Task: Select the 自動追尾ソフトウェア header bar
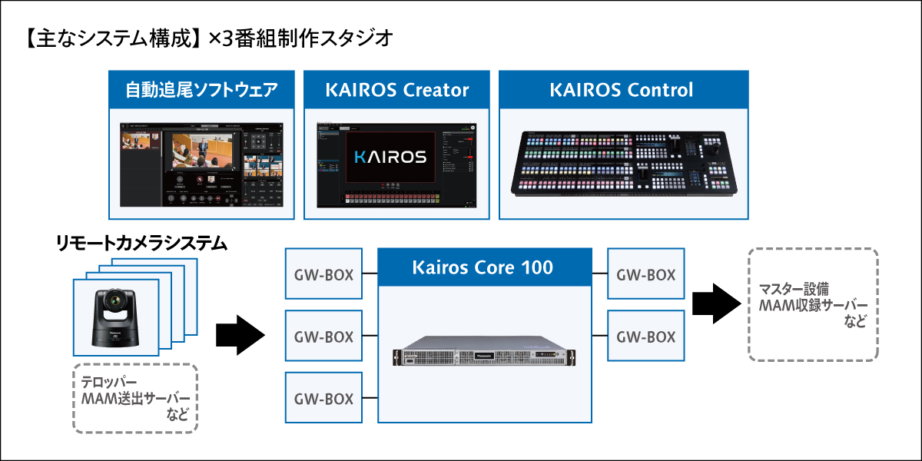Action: (x=201, y=90)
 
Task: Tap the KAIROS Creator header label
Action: (x=396, y=90)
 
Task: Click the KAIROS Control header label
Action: (x=622, y=90)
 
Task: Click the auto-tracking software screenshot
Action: (x=201, y=163)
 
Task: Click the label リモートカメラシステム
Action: (x=141, y=244)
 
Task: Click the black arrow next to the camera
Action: (x=240, y=336)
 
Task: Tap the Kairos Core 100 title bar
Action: (x=483, y=267)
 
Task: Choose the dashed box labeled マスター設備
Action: (x=812, y=304)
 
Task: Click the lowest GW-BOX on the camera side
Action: (x=323, y=398)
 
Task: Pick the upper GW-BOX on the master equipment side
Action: (x=645, y=274)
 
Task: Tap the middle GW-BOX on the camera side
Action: (x=323, y=336)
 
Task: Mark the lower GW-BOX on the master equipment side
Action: (x=645, y=336)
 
